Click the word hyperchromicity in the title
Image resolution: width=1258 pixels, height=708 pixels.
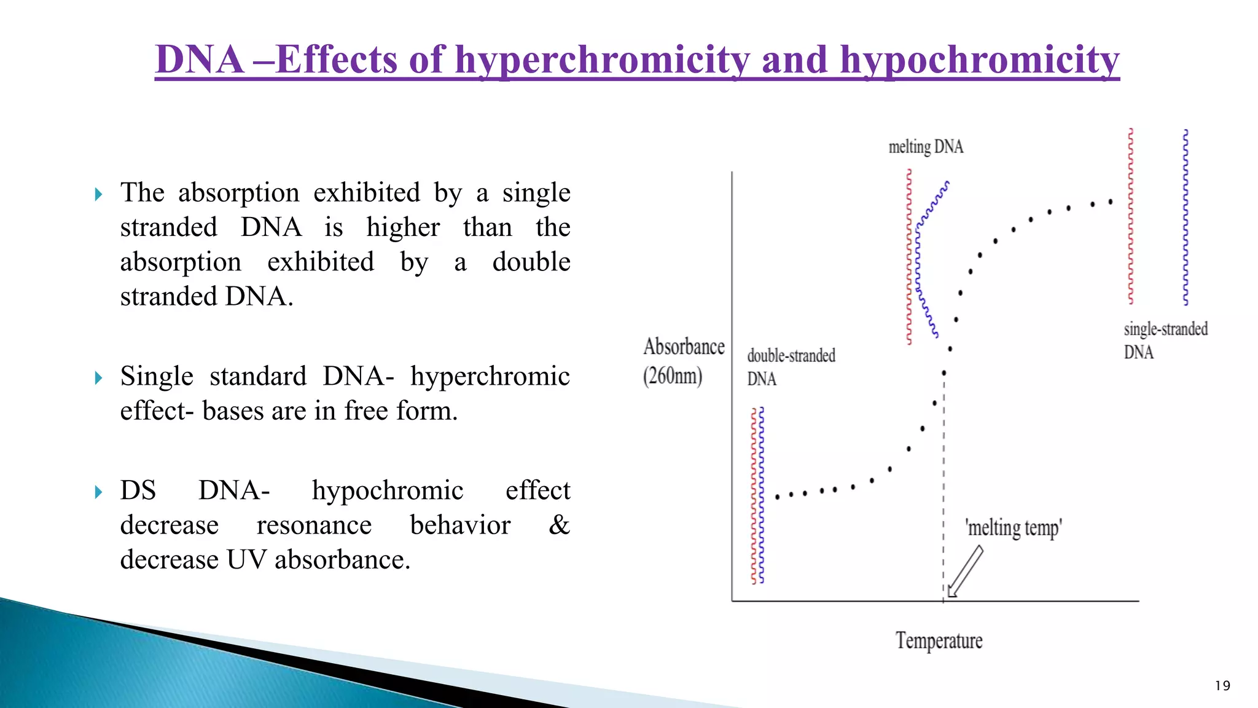coord(602,60)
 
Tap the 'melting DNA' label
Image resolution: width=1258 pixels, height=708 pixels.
coord(926,147)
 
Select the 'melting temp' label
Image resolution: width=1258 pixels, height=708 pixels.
coord(1014,528)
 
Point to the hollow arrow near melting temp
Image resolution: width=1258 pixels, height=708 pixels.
coord(965,572)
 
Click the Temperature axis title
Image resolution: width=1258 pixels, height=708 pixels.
coord(939,640)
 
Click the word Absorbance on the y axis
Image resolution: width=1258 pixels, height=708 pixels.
coord(684,347)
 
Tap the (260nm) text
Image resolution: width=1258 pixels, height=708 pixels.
coord(673,376)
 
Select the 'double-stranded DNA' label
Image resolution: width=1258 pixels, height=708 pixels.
coord(791,366)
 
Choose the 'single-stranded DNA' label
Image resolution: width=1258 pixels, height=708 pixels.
coord(1165,340)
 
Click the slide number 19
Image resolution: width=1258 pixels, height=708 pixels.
coord(1222,686)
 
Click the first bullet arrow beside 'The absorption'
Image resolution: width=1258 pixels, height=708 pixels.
coord(99,195)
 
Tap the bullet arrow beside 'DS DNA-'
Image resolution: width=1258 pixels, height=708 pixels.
coord(99,492)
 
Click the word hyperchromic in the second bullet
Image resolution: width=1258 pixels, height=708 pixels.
coord(490,376)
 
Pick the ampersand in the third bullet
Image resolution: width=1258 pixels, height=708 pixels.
coord(559,525)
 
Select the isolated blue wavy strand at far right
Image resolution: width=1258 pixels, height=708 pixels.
coord(1186,217)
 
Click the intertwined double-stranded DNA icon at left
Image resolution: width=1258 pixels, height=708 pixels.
coord(757,495)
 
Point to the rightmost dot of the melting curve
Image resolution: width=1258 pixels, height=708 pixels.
coord(1110,202)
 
